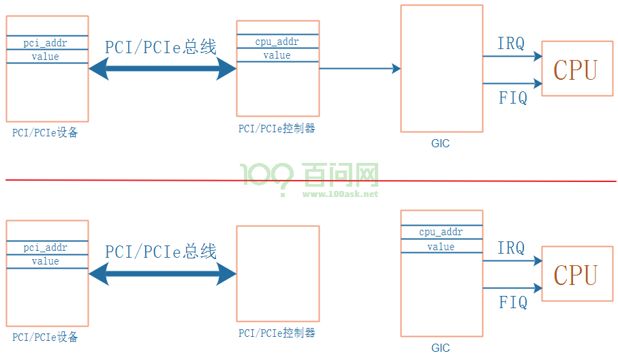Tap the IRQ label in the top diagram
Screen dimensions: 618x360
coord(511,44)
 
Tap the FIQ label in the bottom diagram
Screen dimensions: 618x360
coord(513,303)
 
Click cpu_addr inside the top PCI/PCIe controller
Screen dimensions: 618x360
coord(277,42)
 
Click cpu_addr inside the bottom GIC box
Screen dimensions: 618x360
coord(441,232)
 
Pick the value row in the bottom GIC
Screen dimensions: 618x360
coord(442,246)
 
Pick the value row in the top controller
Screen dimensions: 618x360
coord(278,55)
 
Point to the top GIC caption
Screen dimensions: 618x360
coord(440,143)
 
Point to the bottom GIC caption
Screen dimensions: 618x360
coord(440,348)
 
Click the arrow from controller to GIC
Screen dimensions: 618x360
coord(360,69)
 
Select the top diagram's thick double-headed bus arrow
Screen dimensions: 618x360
coord(162,69)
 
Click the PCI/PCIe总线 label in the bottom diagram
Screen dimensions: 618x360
coord(161,252)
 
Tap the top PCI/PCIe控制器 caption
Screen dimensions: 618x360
coord(277,129)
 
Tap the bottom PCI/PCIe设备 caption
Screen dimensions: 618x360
coord(45,337)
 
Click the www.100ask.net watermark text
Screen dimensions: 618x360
coord(340,194)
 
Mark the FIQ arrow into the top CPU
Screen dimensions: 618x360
coord(513,83)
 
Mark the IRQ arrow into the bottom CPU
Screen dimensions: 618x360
coord(513,260)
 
